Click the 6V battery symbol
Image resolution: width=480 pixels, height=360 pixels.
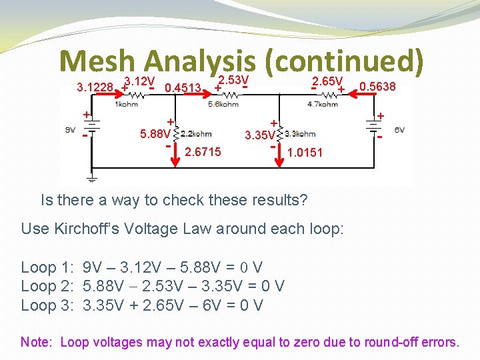(372, 130)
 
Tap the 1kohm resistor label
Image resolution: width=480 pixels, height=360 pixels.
(127, 104)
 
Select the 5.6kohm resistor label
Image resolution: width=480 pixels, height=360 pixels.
(223, 104)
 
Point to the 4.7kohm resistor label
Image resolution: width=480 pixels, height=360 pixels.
(323, 104)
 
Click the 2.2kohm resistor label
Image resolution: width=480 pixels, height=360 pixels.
(196, 133)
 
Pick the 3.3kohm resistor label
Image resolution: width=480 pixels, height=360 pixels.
(301, 133)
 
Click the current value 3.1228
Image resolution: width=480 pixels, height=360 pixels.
(95, 87)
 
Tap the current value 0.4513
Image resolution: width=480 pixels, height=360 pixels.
(183, 88)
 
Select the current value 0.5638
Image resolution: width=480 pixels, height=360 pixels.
(377, 87)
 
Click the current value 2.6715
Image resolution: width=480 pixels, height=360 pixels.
(203, 153)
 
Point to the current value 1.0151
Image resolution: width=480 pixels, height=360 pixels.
(305, 153)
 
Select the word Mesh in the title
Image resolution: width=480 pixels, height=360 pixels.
(98, 61)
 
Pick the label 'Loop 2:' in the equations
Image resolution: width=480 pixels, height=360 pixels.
(48, 287)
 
